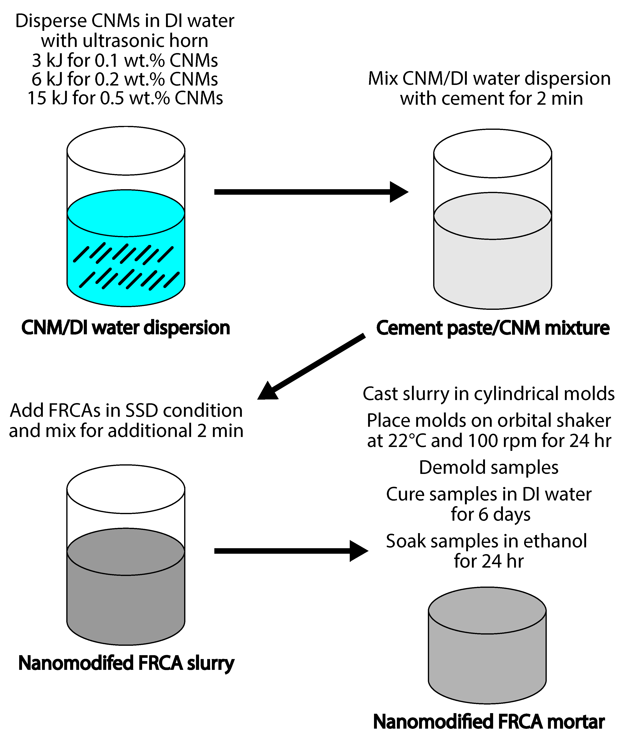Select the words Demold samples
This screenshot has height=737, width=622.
[x=489, y=467]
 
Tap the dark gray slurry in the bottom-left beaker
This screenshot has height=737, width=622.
[x=126, y=600]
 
